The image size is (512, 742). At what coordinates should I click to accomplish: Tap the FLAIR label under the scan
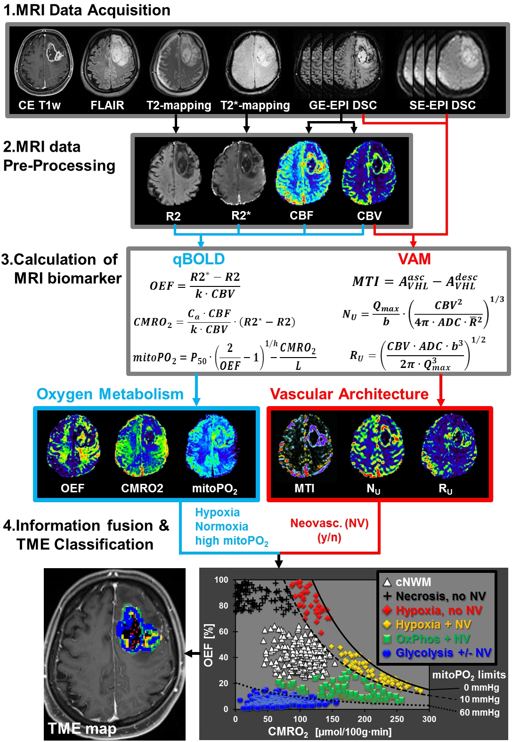(x=107, y=105)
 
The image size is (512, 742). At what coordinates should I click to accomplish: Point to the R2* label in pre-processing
(x=241, y=216)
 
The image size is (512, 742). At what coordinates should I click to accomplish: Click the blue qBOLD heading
(x=199, y=259)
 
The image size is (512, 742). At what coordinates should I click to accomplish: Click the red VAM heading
(x=414, y=259)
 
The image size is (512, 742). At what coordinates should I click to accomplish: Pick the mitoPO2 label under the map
(x=214, y=489)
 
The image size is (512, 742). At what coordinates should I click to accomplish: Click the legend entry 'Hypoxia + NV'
(x=433, y=625)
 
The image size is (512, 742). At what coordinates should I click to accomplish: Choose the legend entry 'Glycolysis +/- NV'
(x=443, y=653)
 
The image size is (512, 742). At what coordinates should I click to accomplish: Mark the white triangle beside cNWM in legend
(x=387, y=582)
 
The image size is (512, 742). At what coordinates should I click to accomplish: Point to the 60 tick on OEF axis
(x=223, y=631)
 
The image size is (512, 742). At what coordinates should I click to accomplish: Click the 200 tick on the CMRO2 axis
(x=365, y=719)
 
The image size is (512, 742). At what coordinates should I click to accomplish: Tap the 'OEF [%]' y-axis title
(x=208, y=645)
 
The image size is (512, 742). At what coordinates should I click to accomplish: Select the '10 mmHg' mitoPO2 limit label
(x=479, y=700)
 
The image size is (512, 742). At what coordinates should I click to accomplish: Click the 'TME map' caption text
(x=82, y=729)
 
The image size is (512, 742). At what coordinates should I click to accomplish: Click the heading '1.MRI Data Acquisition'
(x=87, y=10)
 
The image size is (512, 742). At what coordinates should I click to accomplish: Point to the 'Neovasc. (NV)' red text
(x=329, y=523)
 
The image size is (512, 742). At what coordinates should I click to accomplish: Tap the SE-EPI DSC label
(x=442, y=105)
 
